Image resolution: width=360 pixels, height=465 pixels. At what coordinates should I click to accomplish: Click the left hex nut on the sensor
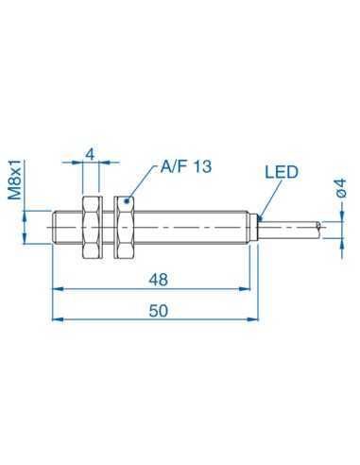pos(93,227)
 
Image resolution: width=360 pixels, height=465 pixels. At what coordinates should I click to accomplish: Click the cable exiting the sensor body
pos(293,227)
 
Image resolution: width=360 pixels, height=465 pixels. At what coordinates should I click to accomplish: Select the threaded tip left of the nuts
pos(66,227)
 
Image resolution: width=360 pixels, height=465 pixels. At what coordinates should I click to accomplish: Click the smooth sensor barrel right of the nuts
pos(189,227)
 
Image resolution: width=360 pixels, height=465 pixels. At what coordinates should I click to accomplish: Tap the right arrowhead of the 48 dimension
pos(251,287)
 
